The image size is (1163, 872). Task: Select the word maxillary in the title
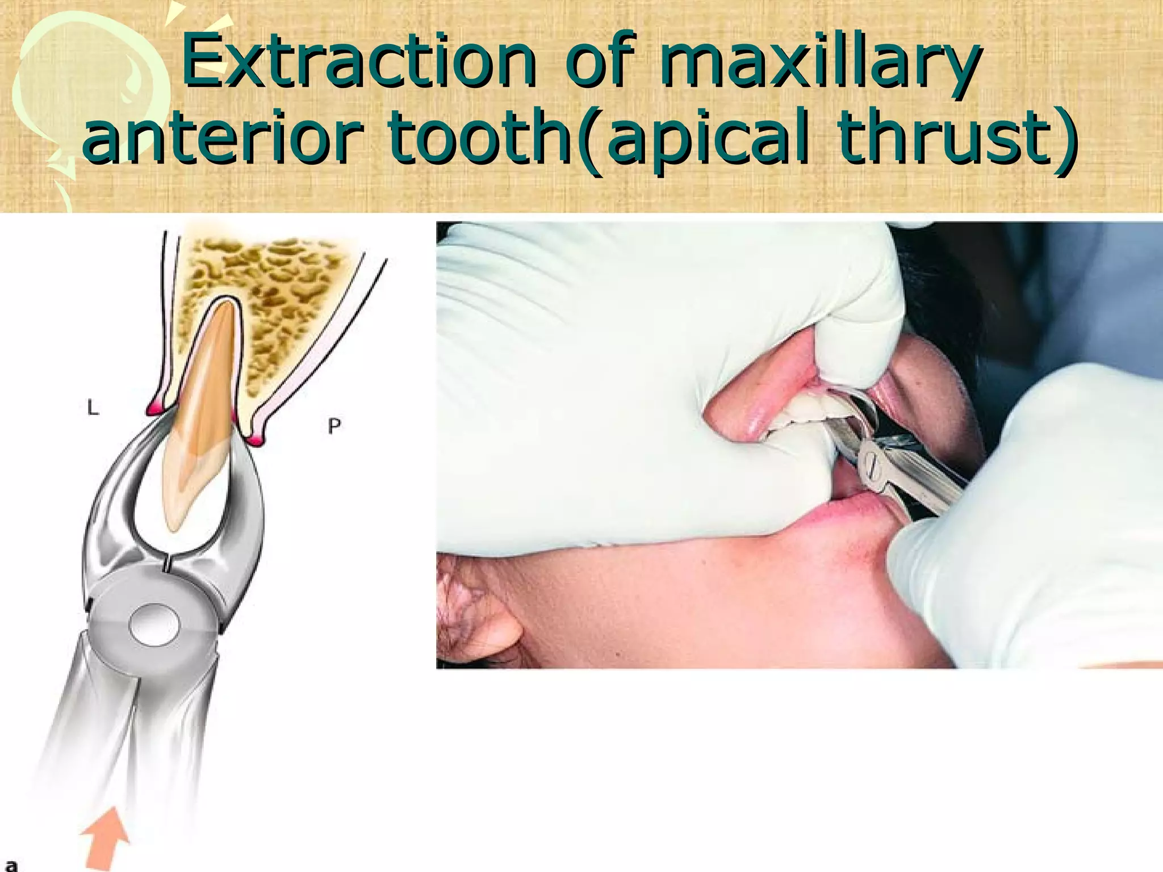818,62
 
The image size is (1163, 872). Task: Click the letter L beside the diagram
93,407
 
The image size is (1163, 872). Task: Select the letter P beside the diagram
334,425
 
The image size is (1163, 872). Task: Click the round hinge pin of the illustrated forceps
154,624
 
